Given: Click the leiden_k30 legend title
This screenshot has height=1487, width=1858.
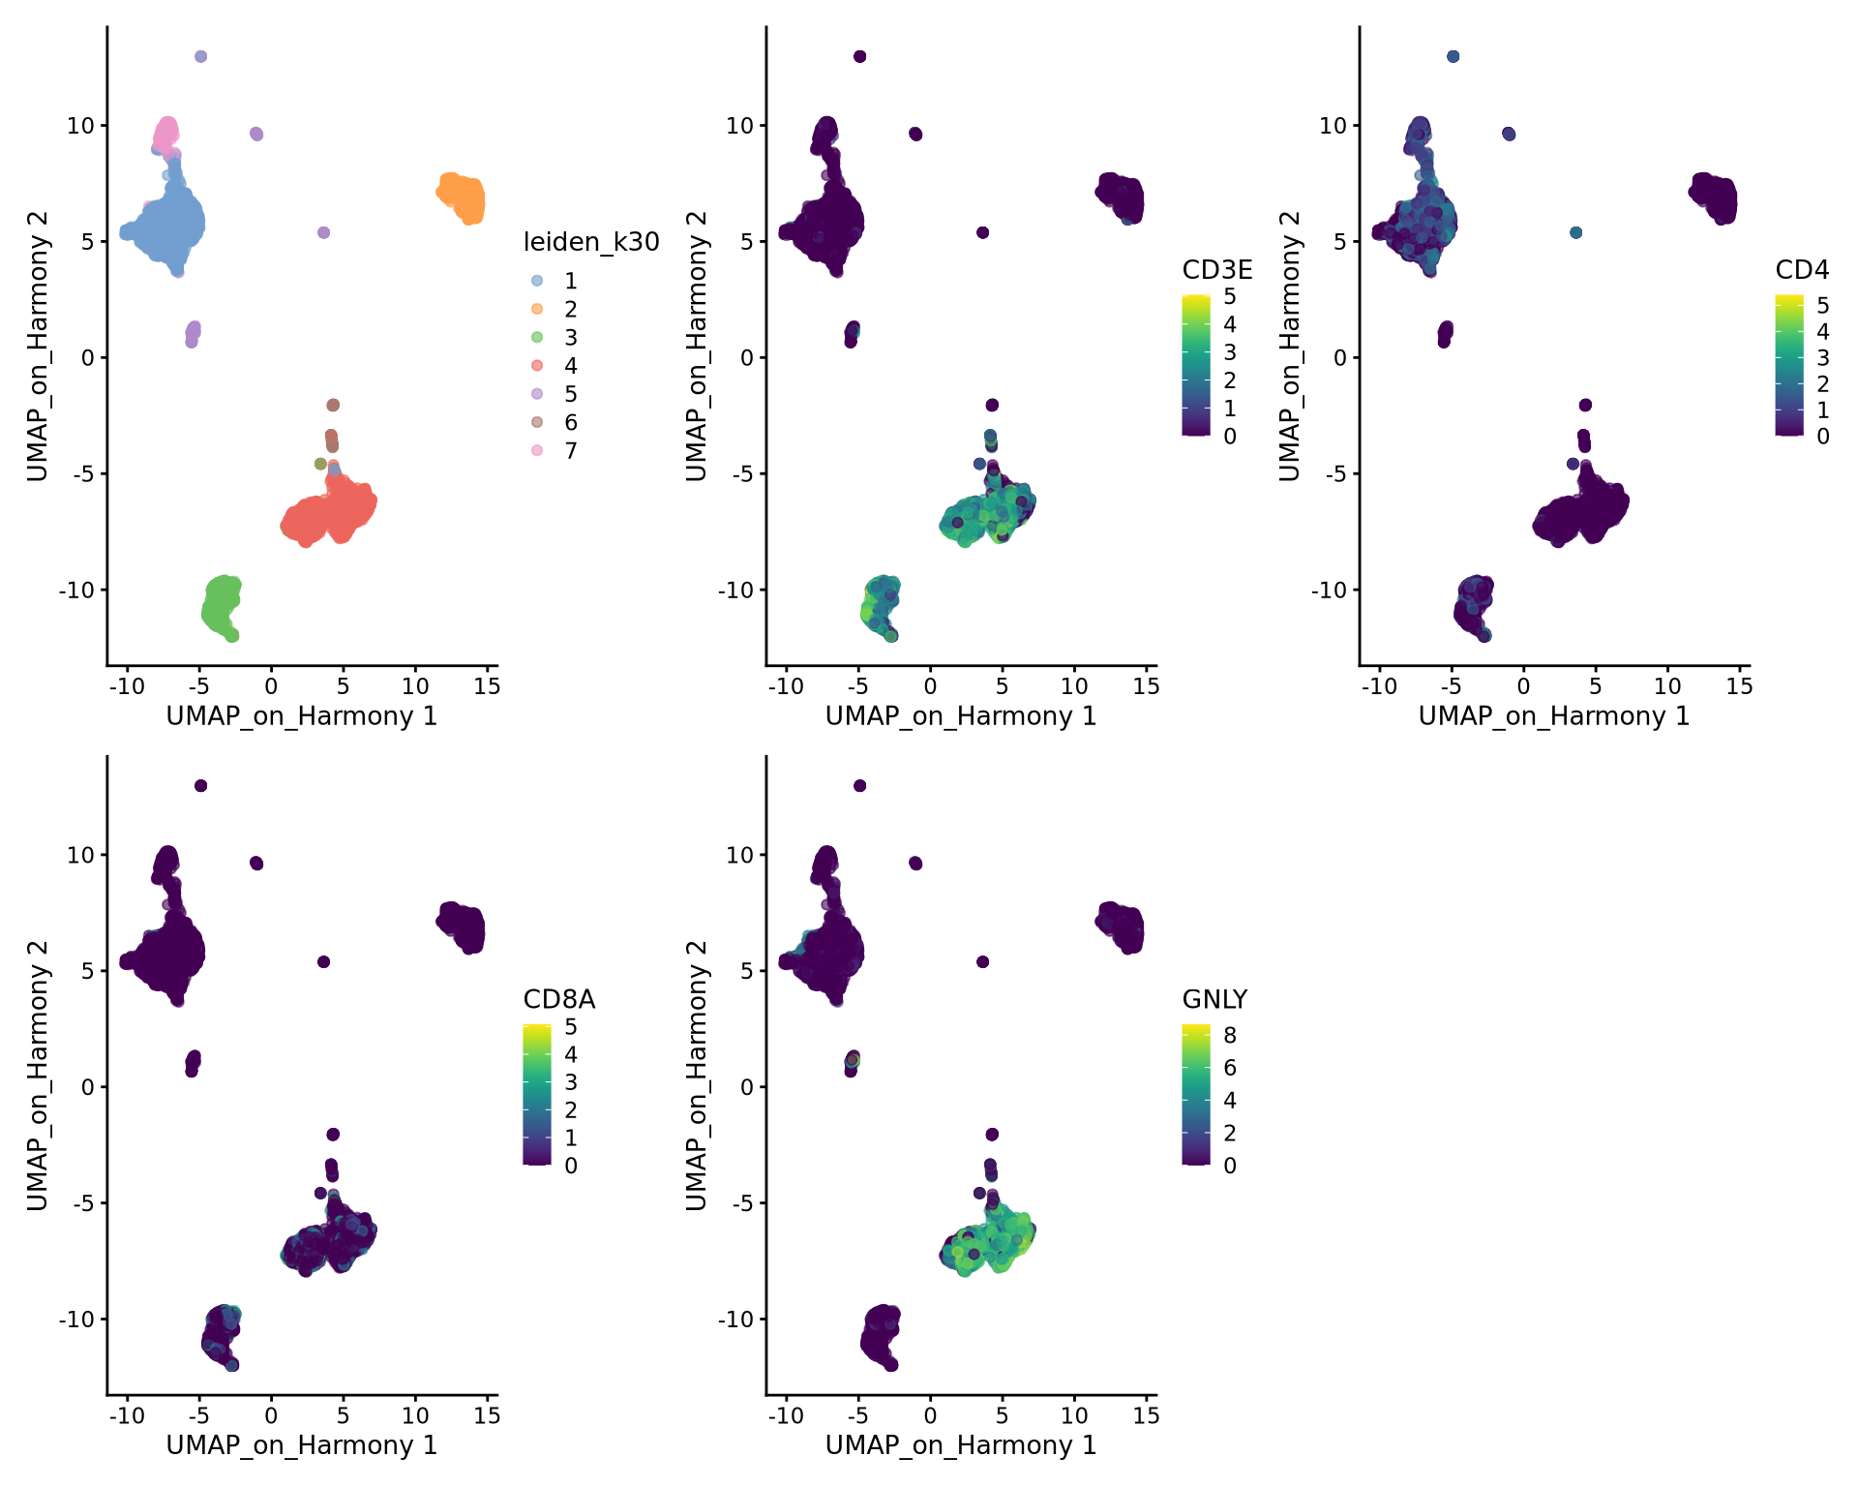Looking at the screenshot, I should click(x=591, y=242).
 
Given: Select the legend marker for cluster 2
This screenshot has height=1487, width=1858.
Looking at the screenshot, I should click(x=537, y=309).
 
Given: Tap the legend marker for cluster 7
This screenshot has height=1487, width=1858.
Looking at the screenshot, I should click(x=537, y=450).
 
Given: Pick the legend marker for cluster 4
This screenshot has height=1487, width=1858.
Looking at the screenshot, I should click(x=537, y=365).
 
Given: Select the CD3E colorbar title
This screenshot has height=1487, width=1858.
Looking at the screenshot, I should click(x=1216, y=269).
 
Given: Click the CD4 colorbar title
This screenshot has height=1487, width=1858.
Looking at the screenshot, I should click(x=1802, y=269).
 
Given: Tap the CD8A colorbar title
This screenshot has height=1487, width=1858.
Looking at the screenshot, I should click(x=558, y=999).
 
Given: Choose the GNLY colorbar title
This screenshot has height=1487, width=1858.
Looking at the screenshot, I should click(x=1214, y=999).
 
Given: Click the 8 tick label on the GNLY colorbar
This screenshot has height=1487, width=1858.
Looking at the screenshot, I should click(x=1229, y=1035).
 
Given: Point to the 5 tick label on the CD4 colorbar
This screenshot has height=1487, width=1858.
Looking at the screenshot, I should click(x=1822, y=306).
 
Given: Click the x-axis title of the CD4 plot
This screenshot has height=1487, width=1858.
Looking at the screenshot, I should click(x=1553, y=716).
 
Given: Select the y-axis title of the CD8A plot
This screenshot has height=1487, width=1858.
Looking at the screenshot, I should click(x=37, y=1075).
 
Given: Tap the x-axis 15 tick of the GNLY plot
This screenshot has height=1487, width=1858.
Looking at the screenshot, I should click(x=1146, y=1416).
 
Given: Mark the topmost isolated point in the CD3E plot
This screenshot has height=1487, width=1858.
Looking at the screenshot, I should click(x=859, y=56).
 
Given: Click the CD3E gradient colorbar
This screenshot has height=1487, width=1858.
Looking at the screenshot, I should click(x=1196, y=365).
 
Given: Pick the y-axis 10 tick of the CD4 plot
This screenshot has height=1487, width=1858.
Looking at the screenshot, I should click(x=1333, y=125).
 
